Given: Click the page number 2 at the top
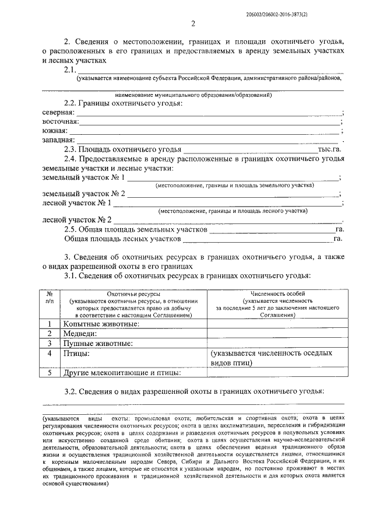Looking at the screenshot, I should [x=192, y=23].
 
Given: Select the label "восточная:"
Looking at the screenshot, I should [x=61, y=121].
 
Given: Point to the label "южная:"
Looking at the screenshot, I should [x=55, y=131].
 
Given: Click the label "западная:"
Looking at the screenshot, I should [x=59, y=140].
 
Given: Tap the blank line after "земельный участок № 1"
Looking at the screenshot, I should [x=233, y=177].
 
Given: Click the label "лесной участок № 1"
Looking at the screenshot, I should [x=78, y=202].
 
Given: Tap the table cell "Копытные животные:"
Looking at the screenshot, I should [x=101, y=323].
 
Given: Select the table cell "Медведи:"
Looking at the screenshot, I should [x=79, y=333].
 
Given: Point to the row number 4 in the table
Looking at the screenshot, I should [x=50, y=354].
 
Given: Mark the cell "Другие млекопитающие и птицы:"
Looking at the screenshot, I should [x=122, y=372].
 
